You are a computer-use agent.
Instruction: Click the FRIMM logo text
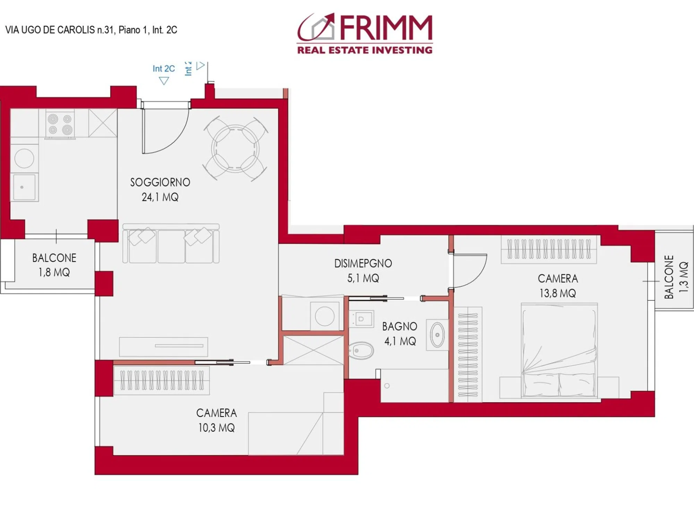click(386, 28)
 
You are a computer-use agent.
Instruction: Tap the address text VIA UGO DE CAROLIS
click(50, 30)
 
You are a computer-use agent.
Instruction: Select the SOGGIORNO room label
click(160, 182)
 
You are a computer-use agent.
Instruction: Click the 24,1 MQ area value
click(160, 197)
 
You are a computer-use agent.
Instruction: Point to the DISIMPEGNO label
click(363, 264)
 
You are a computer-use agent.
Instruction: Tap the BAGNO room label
click(399, 326)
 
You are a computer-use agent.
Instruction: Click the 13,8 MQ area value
click(558, 293)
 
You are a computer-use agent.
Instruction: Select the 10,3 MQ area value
click(216, 428)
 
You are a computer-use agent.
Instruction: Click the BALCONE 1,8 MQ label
click(54, 265)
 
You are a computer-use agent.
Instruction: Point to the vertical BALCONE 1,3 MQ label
click(676, 277)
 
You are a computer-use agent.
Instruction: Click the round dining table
click(235, 149)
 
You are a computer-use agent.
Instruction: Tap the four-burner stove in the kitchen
click(60, 124)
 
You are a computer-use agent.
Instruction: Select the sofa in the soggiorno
click(171, 243)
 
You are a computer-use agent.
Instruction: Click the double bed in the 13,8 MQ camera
click(559, 351)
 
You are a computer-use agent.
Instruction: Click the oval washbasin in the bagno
click(437, 335)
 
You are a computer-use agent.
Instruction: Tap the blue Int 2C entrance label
click(164, 69)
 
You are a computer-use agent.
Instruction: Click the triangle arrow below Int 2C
click(164, 81)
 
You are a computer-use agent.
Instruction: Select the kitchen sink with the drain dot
click(24, 188)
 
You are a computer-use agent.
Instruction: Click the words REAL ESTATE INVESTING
click(365, 50)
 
